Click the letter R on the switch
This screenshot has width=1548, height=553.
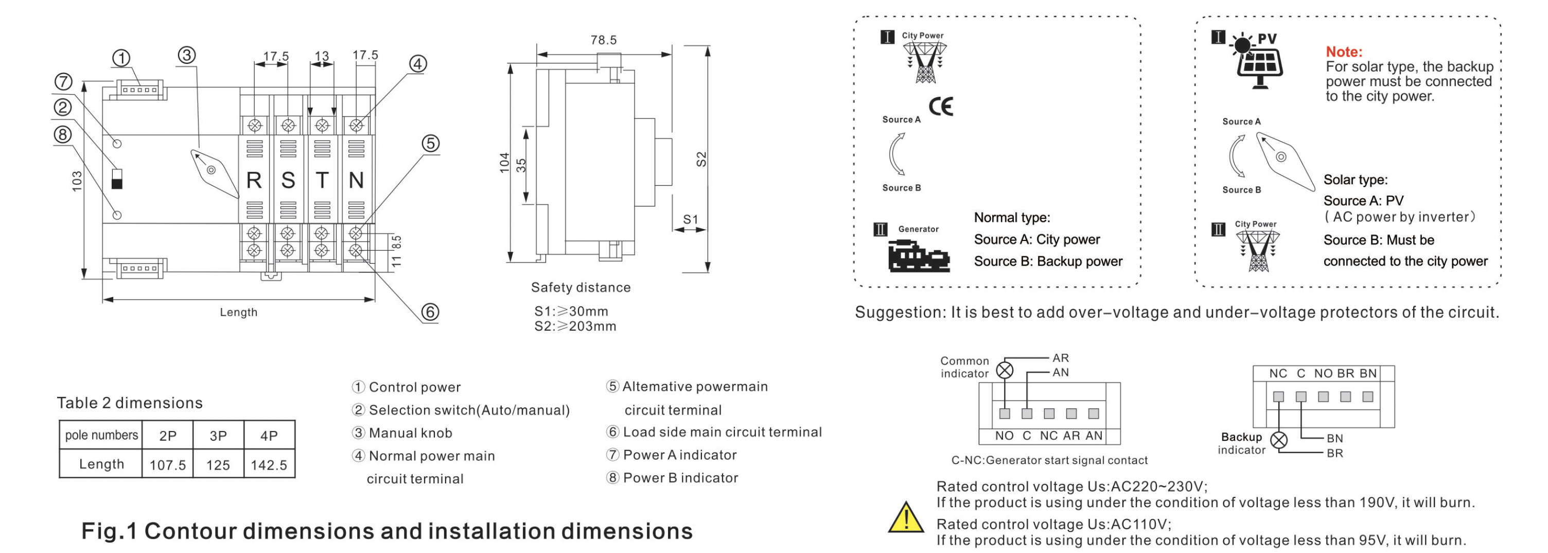tap(254, 180)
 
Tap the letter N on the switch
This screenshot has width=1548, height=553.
tap(356, 180)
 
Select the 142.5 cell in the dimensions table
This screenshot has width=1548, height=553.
tap(269, 464)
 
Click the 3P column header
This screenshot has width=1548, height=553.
tap(218, 435)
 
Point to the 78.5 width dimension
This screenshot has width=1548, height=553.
tap(603, 40)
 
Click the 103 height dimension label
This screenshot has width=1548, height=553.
tap(77, 182)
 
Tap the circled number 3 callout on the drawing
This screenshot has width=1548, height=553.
tap(186, 55)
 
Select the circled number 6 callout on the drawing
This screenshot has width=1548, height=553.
tap(430, 312)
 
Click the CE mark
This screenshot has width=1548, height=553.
tap(940, 107)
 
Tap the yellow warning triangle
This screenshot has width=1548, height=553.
tap(906, 519)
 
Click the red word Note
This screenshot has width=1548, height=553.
tap(1344, 51)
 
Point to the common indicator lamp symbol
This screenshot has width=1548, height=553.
tap(1005, 370)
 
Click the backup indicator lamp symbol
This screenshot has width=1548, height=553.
tap(1279, 440)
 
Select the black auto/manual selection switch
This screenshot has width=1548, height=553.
tap(117, 179)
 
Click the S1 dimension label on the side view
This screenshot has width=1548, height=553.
tap(691, 219)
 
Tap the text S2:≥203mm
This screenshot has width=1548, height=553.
tap(575, 326)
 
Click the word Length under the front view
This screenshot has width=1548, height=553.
tap(239, 312)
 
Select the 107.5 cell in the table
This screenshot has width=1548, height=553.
tap(168, 464)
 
